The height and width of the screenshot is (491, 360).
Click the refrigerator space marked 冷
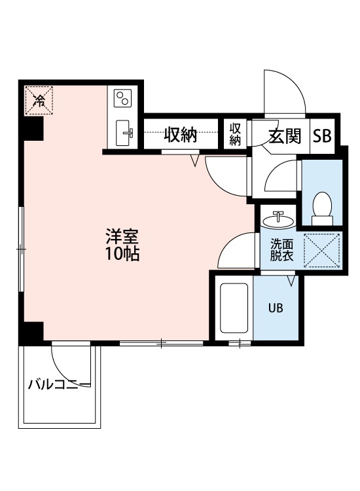click(x=39, y=101)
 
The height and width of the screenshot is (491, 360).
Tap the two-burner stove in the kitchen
click(x=122, y=98)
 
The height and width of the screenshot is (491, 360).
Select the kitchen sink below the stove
click(x=124, y=134)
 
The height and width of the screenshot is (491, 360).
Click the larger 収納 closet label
click(x=180, y=135)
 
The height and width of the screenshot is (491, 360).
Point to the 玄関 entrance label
click(x=285, y=136)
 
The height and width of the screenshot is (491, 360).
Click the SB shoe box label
click(x=321, y=136)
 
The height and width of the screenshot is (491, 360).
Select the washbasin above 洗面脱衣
click(x=278, y=218)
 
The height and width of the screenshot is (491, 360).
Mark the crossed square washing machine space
click(x=321, y=250)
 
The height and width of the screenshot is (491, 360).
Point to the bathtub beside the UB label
click(x=233, y=308)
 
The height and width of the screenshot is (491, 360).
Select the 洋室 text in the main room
click(x=123, y=237)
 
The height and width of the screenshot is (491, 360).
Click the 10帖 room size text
click(x=123, y=255)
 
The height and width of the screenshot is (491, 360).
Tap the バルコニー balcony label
click(x=60, y=384)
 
